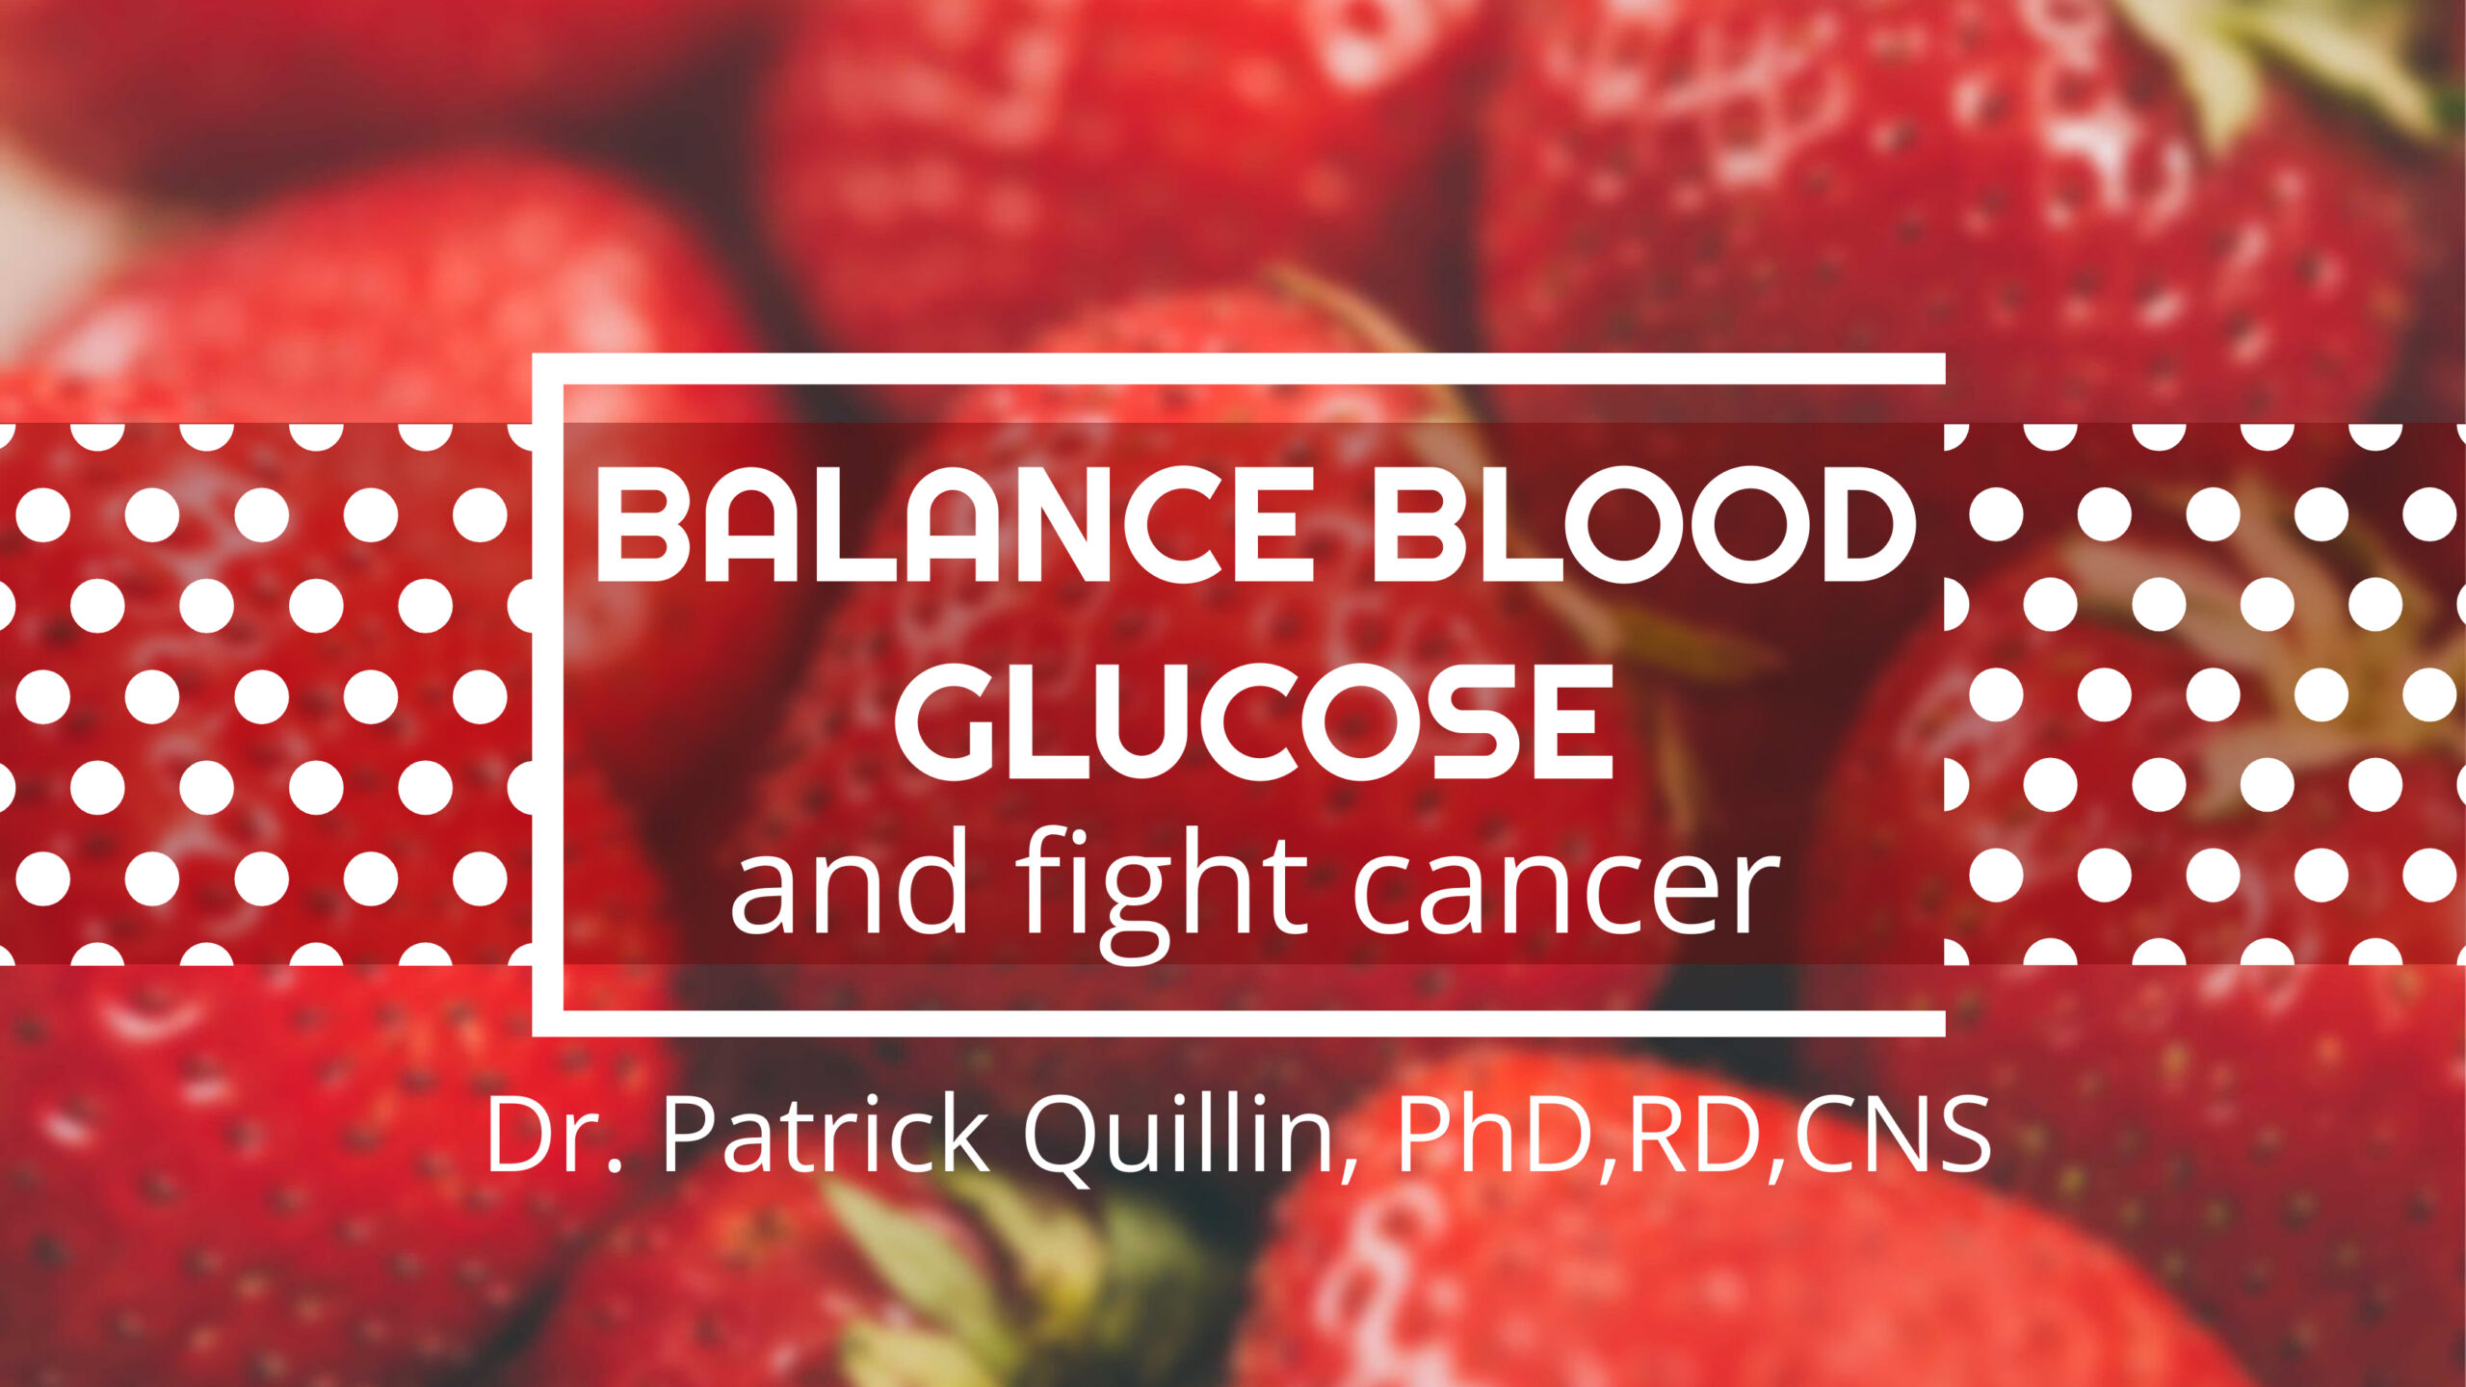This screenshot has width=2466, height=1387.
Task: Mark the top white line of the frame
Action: point(1239,369)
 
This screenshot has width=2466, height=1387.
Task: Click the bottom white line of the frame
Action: point(1239,1023)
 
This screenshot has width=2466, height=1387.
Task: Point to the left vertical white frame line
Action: point(548,694)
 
